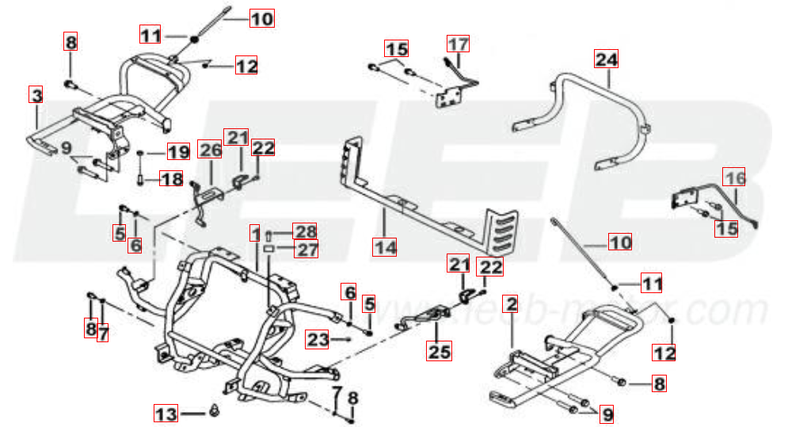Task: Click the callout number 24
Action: click(x=607, y=59)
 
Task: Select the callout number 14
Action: click(x=385, y=246)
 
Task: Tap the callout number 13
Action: click(x=166, y=413)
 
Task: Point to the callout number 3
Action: click(x=36, y=95)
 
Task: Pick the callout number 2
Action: click(x=512, y=304)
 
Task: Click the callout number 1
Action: click(x=255, y=233)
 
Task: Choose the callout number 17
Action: click(x=458, y=44)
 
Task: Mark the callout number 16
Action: click(x=736, y=179)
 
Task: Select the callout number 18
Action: click(x=172, y=179)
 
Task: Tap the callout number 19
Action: click(x=177, y=151)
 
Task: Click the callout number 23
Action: click(x=318, y=339)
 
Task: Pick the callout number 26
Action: click(x=210, y=149)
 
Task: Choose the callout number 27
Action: click(x=305, y=250)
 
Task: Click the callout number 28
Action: click(x=305, y=231)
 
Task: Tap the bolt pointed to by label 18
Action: click(x=139, y=179)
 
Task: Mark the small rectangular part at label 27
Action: click(x=269, y=249)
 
